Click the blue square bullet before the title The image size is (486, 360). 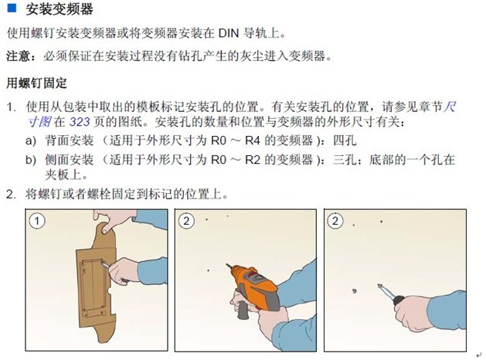coord(12,8)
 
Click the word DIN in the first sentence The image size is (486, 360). coord(229,33)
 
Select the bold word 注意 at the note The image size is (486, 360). coord(18,56)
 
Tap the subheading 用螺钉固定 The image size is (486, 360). coord(36,83)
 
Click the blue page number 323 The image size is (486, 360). coord(80,122)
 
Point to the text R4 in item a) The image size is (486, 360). coord(253,141)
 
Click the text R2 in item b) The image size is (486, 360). coord(253,160)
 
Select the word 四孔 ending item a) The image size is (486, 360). coord(345,141)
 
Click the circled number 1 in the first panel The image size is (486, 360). coord(37,221)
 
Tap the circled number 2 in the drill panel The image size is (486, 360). coord(186,221)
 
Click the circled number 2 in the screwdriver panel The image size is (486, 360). coord(335,221)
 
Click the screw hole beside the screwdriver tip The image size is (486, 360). coord(355,291)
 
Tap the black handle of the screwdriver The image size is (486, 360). coord(398,300)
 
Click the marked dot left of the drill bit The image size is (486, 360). coord(208,270)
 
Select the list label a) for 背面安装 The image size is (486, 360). coord(31,141)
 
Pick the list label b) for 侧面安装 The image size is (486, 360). coord(31,160)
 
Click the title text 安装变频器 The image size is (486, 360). coord(59,9)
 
